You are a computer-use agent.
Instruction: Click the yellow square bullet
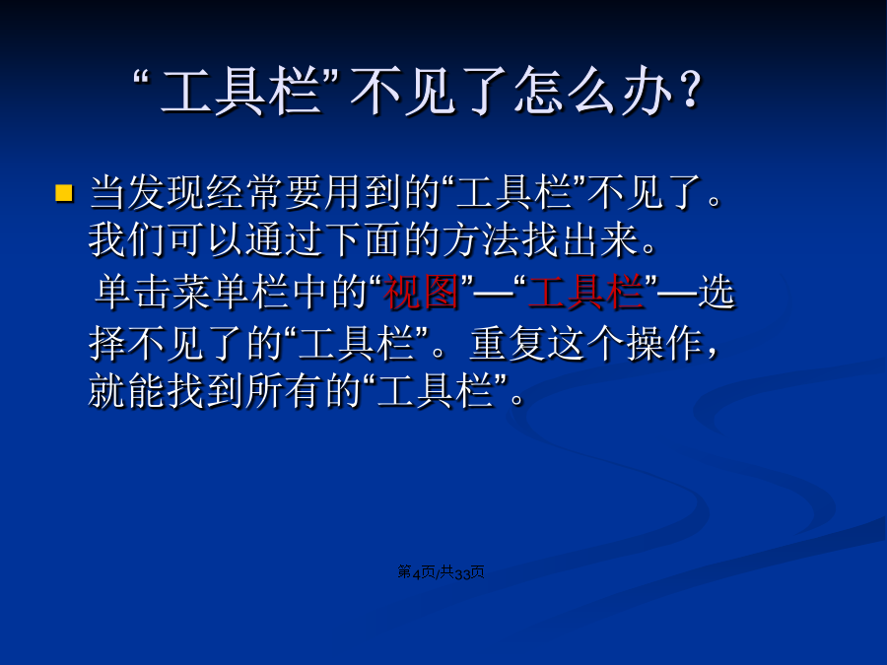(x=64, y=193)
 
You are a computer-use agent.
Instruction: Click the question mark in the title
(x=690, y=90)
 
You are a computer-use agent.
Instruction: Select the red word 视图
(x=421, y=292)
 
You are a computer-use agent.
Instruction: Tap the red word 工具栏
(x=586, y=292)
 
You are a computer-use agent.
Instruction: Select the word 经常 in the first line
(x=245, y=193)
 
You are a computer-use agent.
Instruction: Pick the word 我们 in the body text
(x=127, y=239)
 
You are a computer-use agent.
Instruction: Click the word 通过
(x=284, y=239)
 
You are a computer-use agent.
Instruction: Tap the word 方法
(x=481, y=239)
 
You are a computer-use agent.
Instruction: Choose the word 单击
(x=133, y=292)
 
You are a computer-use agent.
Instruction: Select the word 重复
(x=508, y=344)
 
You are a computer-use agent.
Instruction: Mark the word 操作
(x=664, y=344)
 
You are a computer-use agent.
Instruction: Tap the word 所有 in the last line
(x=284, y=391)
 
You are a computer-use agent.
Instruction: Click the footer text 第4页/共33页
(x=441, y=572)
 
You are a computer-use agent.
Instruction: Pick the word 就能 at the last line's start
(x=127, y=391)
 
